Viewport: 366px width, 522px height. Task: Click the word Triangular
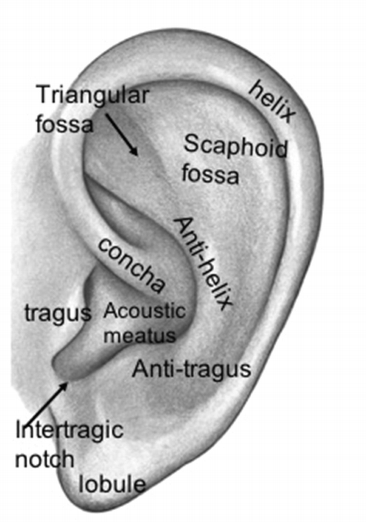tap(92, 96)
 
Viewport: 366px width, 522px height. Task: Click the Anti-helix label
tap(204, 263)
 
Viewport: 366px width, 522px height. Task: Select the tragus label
tap(58, 313)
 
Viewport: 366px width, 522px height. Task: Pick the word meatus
tap(140, 336)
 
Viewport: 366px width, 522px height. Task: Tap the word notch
tap(44, 458)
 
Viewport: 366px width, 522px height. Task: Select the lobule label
tap(112, 484)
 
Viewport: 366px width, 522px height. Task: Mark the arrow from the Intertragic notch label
tap(46, 404)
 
